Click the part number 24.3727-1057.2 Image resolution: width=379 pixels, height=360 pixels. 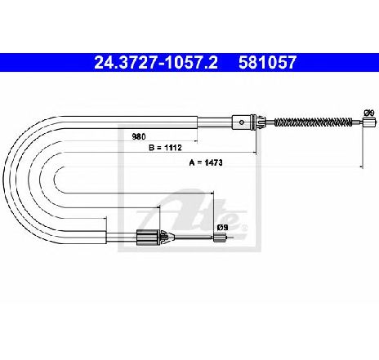click(x=156, y=63)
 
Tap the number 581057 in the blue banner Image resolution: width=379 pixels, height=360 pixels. click(x=267, y=63)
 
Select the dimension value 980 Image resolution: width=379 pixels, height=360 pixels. click(x=139, y=136)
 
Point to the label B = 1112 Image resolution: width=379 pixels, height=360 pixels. click(x=165, y=148)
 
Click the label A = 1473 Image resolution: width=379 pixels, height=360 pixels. click(x=206, y=162)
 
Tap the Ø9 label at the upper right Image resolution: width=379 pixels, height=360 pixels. click(x=369, y=113)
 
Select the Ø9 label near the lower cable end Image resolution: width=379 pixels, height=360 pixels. click(x=222, y=227)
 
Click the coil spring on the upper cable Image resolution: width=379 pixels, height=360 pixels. click(x=313, y=122)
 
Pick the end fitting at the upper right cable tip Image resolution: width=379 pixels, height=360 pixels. click(x=369, y=122)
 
